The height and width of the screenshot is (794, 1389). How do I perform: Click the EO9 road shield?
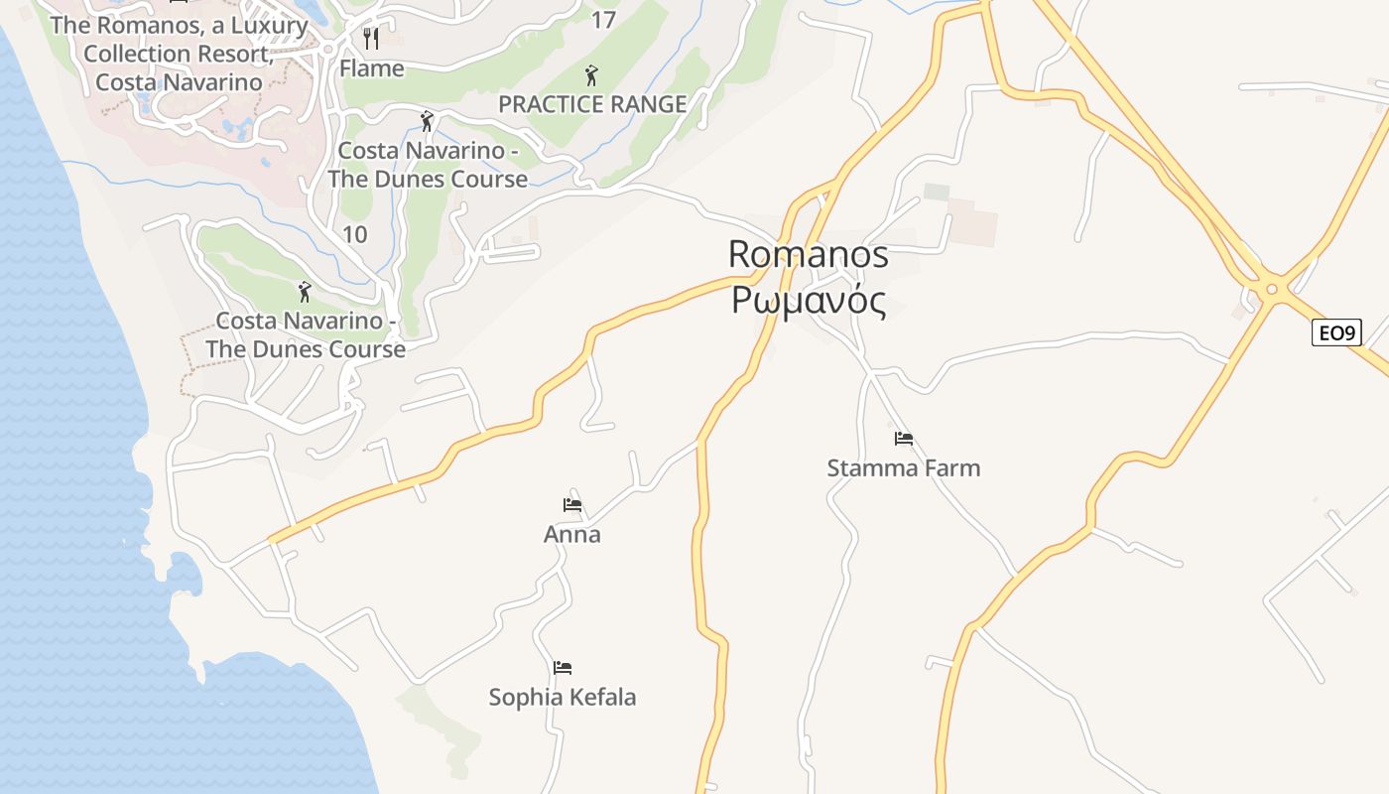1335,332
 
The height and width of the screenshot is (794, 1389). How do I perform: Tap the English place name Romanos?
808,254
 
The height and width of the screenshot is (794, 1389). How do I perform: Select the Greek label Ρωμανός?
808,300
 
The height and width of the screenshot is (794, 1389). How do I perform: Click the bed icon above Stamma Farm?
903,438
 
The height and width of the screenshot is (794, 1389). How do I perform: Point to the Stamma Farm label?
903,467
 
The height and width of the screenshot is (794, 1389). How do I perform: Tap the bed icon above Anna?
571,504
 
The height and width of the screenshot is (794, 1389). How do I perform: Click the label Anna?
571,535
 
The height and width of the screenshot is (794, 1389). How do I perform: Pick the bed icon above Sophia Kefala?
563,667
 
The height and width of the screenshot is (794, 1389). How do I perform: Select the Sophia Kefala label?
563,698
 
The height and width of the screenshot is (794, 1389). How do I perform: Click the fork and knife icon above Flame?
372,39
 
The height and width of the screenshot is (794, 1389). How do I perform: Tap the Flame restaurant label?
372,68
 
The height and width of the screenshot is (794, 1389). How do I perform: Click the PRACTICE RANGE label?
592,104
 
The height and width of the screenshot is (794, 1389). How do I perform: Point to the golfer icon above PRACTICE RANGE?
592,74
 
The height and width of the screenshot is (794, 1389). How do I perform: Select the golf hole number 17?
603,20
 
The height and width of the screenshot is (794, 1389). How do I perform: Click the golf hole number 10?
354,235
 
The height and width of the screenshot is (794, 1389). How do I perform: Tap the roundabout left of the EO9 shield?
1270,290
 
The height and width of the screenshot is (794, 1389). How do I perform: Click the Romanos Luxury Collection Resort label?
180,54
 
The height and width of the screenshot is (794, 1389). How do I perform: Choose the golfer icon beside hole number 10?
305,292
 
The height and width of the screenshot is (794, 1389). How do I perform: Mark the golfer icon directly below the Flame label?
427,121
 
